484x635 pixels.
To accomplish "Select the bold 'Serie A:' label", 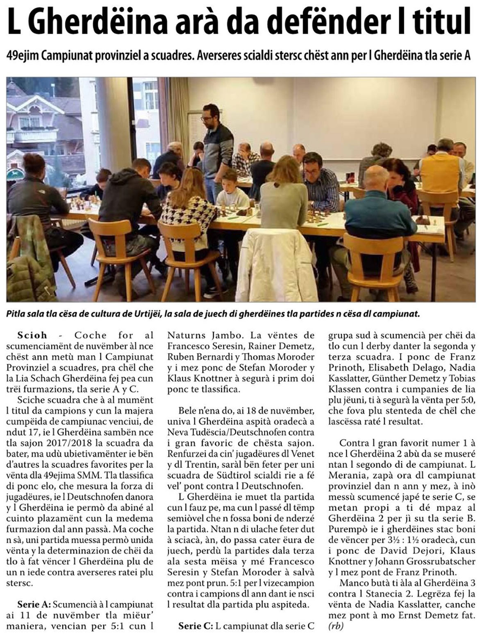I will coord(34,604).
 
